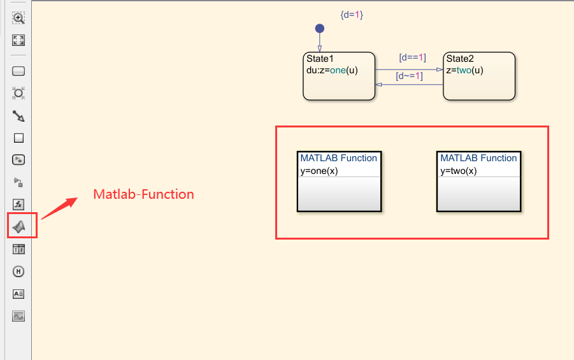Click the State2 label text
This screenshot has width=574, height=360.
(x=460, y=59)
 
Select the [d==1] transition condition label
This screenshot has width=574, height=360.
(x=412, y=57)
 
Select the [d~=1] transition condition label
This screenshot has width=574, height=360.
(x=409, y=76)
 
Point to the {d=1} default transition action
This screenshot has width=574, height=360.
(x=352, y=14)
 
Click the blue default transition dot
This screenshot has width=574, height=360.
(x=320, y=29)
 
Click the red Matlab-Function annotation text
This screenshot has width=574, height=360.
(x=143, y=194)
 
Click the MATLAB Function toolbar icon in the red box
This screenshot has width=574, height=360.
(x=19, y=226)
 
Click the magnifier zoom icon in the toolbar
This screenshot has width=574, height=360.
(x=19, y=18)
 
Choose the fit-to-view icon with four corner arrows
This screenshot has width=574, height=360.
(x=19, y=40)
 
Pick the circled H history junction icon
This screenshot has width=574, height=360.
(x=19, y=271)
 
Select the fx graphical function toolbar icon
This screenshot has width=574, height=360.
(x=19, y=205)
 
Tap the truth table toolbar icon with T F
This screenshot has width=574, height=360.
(x=19, y=249)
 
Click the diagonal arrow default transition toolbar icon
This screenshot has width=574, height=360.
(x=19, y=116)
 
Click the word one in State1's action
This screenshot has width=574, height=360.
(x=338, y=70)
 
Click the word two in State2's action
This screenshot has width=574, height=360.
(x=465, y=70)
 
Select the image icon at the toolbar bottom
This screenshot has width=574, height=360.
(x=19, y=316)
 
